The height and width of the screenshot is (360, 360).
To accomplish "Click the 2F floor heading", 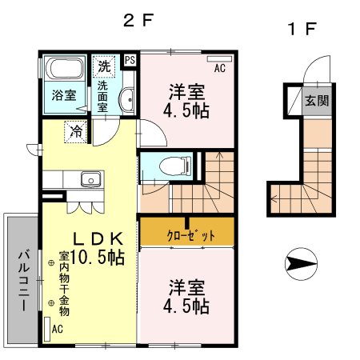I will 137,22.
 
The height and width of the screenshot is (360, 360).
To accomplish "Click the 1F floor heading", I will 303,30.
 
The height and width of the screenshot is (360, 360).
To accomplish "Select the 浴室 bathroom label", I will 64,95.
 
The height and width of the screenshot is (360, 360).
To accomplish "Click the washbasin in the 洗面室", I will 126,100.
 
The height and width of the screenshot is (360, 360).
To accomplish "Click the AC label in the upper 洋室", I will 220,68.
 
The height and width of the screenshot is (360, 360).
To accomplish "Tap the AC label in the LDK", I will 57,329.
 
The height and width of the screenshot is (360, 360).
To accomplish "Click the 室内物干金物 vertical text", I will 65,285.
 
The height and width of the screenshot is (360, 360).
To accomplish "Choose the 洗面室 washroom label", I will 102,94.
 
